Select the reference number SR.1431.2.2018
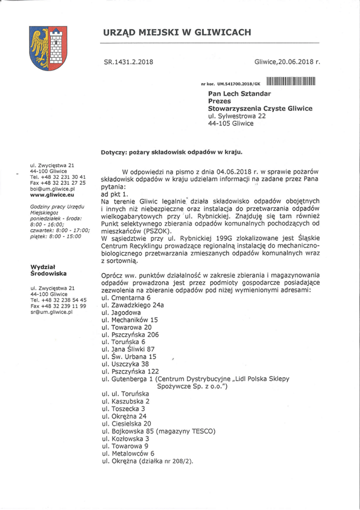[x=128, y=62]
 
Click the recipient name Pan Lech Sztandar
[x=239, y=93]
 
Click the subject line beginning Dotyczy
[x=171, y=152]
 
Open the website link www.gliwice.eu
[x=53, y=195]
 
